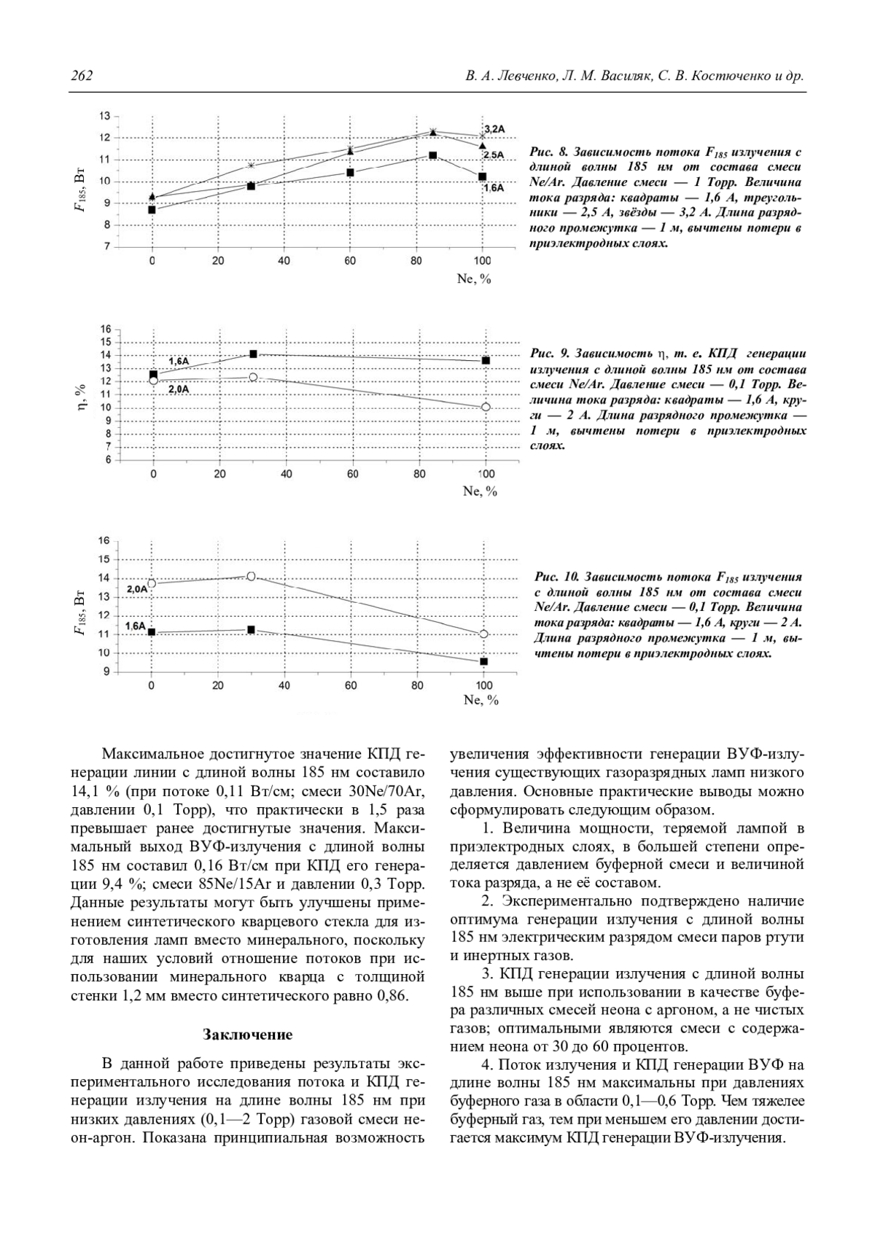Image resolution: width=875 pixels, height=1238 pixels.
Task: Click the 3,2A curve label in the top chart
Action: (494, 129)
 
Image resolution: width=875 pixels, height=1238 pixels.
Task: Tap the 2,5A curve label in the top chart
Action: (494, 155)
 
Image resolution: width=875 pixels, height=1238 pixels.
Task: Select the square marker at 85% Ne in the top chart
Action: (432, 155)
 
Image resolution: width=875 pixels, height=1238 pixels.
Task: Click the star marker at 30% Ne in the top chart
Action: (251, 166)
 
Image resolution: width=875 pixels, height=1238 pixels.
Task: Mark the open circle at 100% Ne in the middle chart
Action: (486, 407)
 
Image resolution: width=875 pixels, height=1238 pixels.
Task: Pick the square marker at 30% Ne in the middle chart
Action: (253, 354)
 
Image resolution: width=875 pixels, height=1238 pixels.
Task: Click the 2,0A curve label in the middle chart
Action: (179, 389)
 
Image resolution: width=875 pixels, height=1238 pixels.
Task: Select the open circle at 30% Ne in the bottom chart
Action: (251, 576)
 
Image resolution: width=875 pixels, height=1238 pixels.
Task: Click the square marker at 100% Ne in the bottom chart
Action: (483, 661)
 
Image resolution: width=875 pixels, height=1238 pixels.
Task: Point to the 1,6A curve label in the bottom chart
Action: (135, 626)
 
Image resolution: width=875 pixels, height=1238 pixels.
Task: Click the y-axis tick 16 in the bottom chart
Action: (104, 541)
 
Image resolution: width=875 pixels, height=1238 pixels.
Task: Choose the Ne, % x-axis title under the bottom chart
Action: (481, 700)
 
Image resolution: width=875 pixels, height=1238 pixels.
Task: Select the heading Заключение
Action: (248, 1035)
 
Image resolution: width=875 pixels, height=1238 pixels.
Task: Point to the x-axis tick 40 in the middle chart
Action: (286, 474)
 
